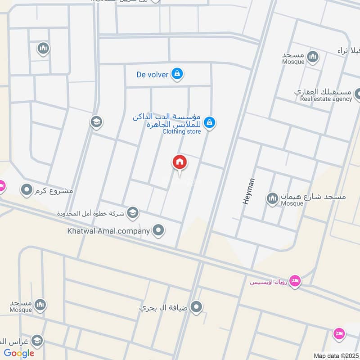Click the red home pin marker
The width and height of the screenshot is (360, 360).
tap(179, 162)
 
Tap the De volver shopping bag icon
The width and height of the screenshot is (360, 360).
tap(177, 73)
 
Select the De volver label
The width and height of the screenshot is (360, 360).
tap(152, 74)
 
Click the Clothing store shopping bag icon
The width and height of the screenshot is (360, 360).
tap(209, 121)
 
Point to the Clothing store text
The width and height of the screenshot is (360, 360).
tap(181, 131)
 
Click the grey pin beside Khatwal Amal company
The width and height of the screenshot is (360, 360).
tap(158, 231)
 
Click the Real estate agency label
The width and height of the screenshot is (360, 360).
tap(326, 99)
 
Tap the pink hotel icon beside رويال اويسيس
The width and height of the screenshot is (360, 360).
tap(295, 280)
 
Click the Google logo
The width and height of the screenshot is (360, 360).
tap(19, 353)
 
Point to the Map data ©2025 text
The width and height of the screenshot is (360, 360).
tap(335, 356)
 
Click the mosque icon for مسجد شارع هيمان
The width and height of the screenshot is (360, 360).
tap(272, 198)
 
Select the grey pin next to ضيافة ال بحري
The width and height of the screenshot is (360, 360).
tap(196, 308)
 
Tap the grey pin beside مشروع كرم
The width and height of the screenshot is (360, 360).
tap(27, 190)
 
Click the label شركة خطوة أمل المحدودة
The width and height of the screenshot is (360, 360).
tap(91, 212)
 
